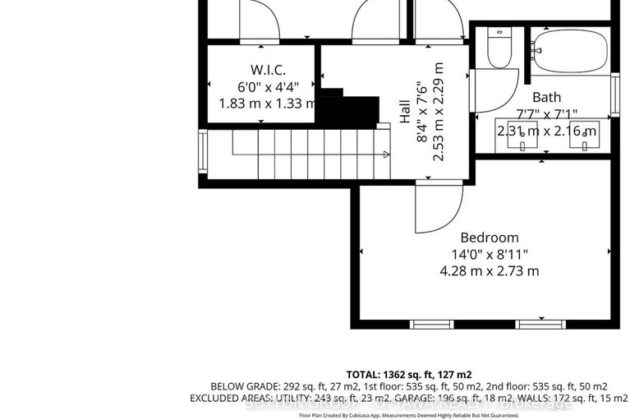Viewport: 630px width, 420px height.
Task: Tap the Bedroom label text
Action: click(489, 238)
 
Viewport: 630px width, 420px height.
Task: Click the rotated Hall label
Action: click(405, 116)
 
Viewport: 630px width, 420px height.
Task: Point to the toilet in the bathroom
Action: click(499, 49)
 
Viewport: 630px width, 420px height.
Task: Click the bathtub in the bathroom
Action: click(569, 52)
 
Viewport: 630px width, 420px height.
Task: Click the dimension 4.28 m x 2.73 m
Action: click(489, 270)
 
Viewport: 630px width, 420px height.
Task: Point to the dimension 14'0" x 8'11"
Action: click(489, 254)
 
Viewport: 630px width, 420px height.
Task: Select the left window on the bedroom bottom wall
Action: click(431, 324)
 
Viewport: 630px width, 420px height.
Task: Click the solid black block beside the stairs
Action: click(347, 110)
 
